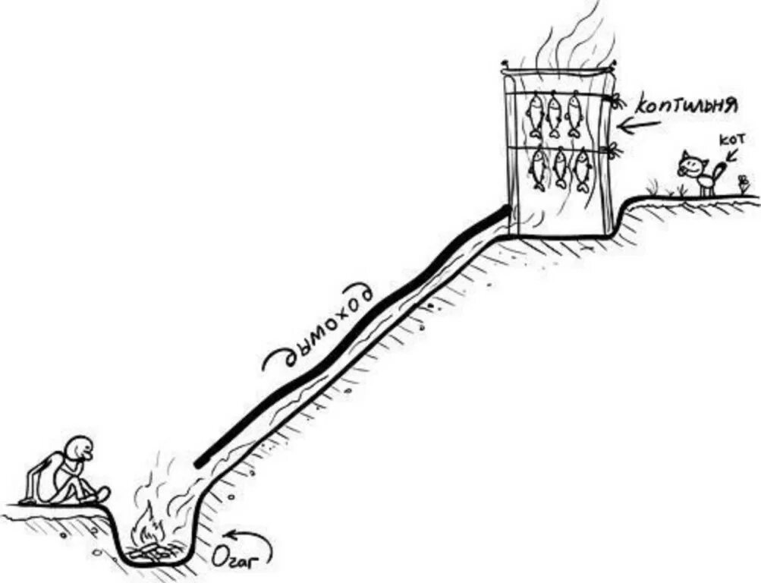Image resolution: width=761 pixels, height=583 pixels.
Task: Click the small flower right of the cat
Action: (x=744, y=183)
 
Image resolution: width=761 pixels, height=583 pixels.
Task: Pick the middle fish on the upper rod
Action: (x=555, y=114)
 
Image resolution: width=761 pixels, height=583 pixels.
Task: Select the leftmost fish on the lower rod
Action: (x=538, y=169)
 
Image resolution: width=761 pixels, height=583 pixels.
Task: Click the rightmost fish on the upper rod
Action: (x=574, y=114)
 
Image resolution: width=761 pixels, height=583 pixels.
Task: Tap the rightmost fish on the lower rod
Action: (x=582, y=169)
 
